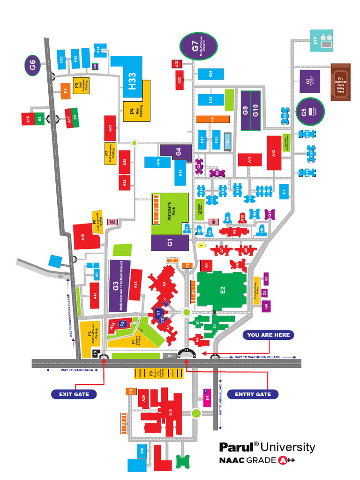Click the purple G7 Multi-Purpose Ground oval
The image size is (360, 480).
pos(198,47)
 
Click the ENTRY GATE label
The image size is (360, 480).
pos(253,394)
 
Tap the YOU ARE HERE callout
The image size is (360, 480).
pos(269,335)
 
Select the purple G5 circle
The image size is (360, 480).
pos(308,112)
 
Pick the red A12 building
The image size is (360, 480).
pos(274,153)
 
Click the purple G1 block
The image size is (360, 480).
pos(170,243)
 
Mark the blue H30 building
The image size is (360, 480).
pos(141,452)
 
